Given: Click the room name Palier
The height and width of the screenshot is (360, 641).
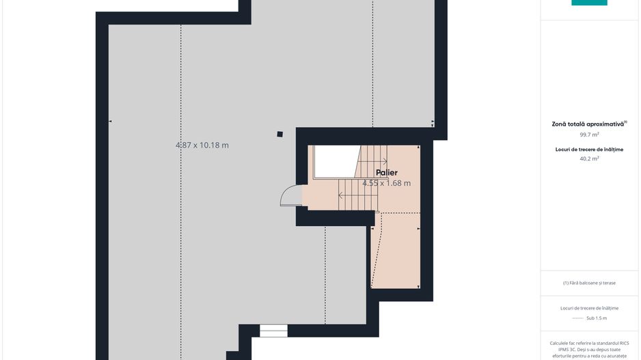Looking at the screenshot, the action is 386,173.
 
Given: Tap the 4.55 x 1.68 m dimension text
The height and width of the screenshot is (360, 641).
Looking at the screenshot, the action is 386,183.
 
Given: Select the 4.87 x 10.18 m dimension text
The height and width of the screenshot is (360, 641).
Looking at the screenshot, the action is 202,145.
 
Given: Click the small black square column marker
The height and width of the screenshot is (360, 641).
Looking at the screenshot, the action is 279,134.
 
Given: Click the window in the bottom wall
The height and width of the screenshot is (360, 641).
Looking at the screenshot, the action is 273,331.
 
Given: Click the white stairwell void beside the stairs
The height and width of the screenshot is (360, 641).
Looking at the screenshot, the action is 336,161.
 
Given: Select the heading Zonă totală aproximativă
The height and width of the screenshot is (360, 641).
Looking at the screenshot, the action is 588,124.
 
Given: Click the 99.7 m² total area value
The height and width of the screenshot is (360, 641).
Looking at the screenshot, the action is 589,135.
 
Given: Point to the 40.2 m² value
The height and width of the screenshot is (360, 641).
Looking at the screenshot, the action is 589,158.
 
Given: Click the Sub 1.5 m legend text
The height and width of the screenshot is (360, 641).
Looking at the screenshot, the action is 597,318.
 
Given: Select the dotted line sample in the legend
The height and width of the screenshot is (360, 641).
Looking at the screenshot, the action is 577,318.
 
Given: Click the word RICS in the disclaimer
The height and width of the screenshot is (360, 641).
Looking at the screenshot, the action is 624,343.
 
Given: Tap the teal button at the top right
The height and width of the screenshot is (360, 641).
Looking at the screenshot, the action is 589,3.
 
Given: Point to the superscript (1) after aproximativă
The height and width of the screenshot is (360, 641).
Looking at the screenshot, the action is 625,122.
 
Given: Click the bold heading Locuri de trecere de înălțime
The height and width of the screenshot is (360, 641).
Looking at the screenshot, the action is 589,150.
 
